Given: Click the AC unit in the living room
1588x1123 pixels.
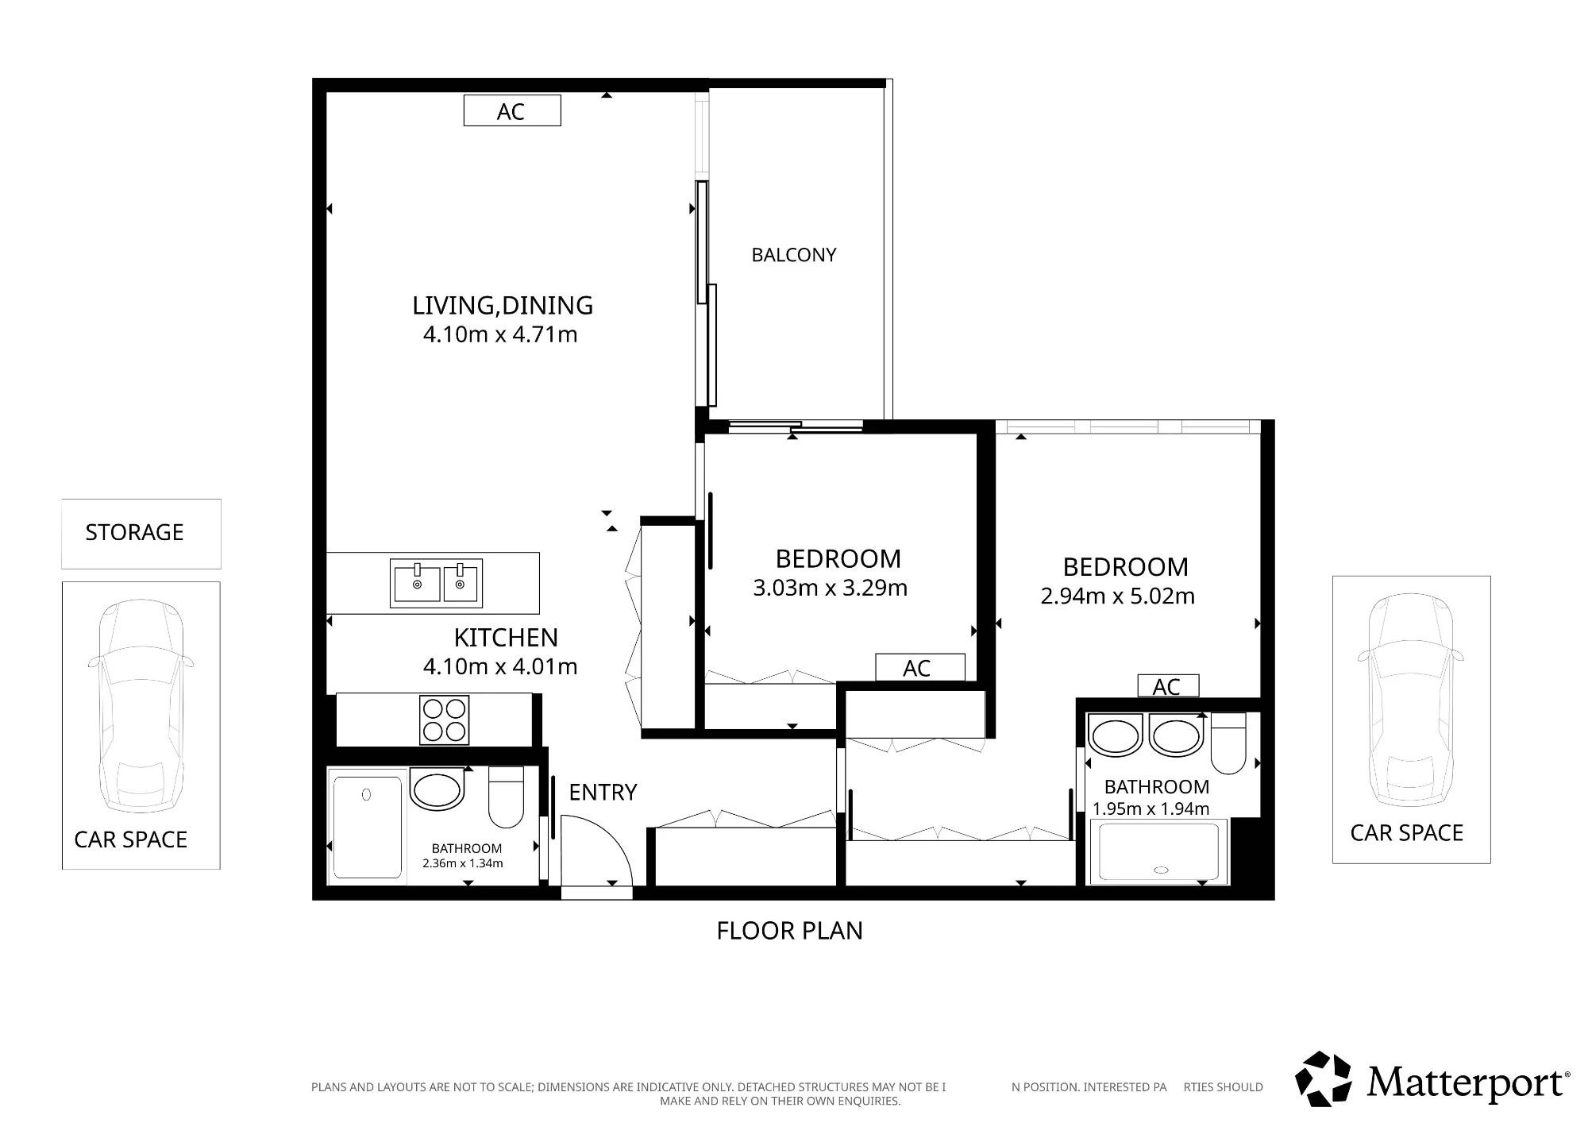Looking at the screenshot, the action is coord(512,110).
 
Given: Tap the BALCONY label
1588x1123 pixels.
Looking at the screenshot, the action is coord(794,255).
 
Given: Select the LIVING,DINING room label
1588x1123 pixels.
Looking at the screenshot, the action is coord(503,306).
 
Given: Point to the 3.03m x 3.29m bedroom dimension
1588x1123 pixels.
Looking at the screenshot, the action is coord(831,588).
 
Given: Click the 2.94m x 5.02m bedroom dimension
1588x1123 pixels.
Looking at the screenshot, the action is coord(1118,596).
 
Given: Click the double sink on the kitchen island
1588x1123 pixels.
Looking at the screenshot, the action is coord(436,584).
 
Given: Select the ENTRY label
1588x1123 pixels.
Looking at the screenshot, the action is coord(603,793).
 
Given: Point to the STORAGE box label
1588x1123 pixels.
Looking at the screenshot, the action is coord(134,532).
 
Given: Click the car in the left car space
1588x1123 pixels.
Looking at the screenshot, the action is coord(141,706).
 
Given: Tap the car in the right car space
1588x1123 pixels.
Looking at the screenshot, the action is coord(1411,700).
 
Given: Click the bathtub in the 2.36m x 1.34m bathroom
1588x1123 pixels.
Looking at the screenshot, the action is coord(368,828).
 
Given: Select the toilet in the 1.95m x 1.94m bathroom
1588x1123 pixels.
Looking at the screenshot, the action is coord(1228,743).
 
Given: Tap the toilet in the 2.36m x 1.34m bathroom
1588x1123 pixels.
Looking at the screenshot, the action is coord(506,797).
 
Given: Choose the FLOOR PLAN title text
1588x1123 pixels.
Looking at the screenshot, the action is coord(790,931).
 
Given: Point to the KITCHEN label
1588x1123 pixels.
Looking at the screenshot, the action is coord(506,638).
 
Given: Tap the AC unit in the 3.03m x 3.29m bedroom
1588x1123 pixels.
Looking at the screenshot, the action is coord(920,667).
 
